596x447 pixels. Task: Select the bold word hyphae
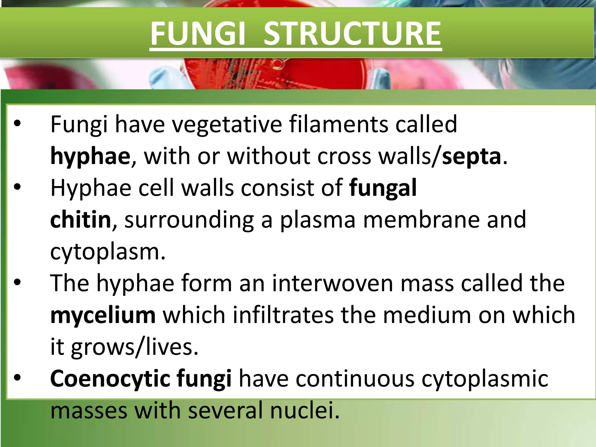[90, 157]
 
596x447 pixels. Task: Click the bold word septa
[471, 157]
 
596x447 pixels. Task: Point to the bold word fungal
[383, 188]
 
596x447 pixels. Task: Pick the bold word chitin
[81, 220]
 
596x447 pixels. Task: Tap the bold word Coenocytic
[110, 379]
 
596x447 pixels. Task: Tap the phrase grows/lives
[134, 347]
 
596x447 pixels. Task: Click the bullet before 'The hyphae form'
[17, 283]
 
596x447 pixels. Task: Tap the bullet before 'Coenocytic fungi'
[17, 378]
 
